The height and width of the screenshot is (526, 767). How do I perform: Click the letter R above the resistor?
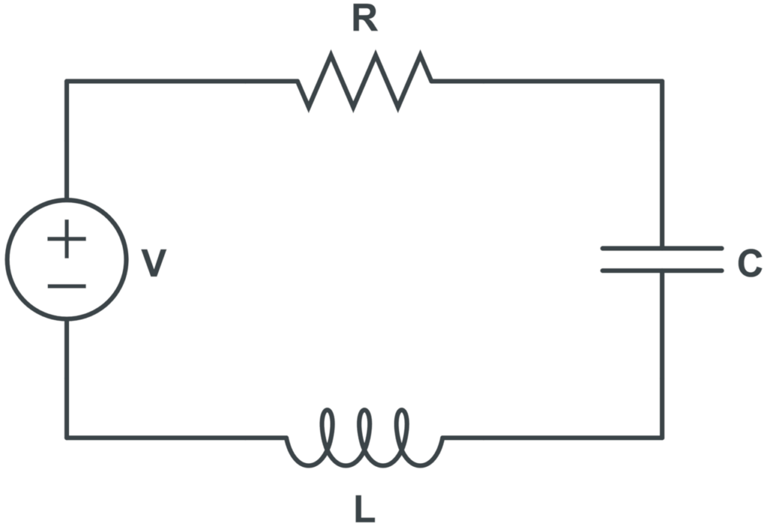364,20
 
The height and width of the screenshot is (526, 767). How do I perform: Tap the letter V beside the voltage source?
154,263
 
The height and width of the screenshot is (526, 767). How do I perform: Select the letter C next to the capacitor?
749,263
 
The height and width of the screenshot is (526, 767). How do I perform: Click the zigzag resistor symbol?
365,81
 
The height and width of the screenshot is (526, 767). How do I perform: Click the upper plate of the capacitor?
662,248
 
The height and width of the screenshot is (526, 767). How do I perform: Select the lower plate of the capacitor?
662,269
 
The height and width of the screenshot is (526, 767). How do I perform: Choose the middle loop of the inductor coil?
365,434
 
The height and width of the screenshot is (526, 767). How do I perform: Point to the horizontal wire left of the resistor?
180,81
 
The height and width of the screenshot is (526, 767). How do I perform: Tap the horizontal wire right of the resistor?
547,81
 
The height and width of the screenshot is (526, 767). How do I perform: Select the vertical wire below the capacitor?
662,352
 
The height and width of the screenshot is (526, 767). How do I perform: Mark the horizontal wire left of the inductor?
176,437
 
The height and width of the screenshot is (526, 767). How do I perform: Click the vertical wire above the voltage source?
67,138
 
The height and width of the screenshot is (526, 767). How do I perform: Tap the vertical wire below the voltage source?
67,378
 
